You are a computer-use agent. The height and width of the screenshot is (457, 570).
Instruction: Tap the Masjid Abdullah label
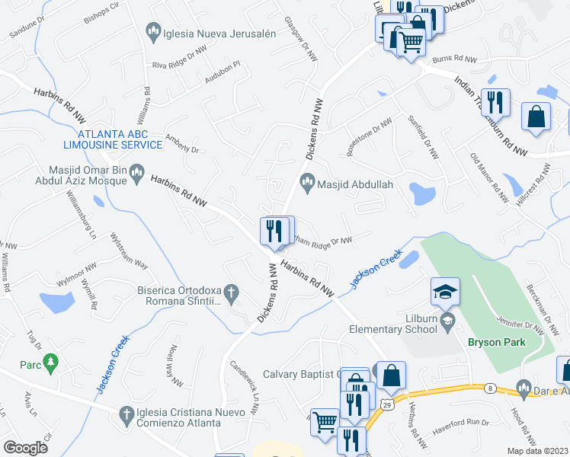click(354, 184)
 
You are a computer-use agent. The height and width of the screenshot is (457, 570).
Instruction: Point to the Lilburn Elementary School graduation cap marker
click(445, 292)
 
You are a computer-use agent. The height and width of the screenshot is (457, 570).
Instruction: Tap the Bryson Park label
click(497, 343)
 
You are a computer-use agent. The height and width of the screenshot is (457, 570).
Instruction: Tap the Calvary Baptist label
click(300, 374)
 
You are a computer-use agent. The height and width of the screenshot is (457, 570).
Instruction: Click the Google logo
click(26, 447)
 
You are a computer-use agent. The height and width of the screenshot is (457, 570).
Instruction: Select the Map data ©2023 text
click(538, 451)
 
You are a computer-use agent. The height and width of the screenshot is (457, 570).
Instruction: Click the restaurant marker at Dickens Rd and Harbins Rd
click(274, 231)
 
